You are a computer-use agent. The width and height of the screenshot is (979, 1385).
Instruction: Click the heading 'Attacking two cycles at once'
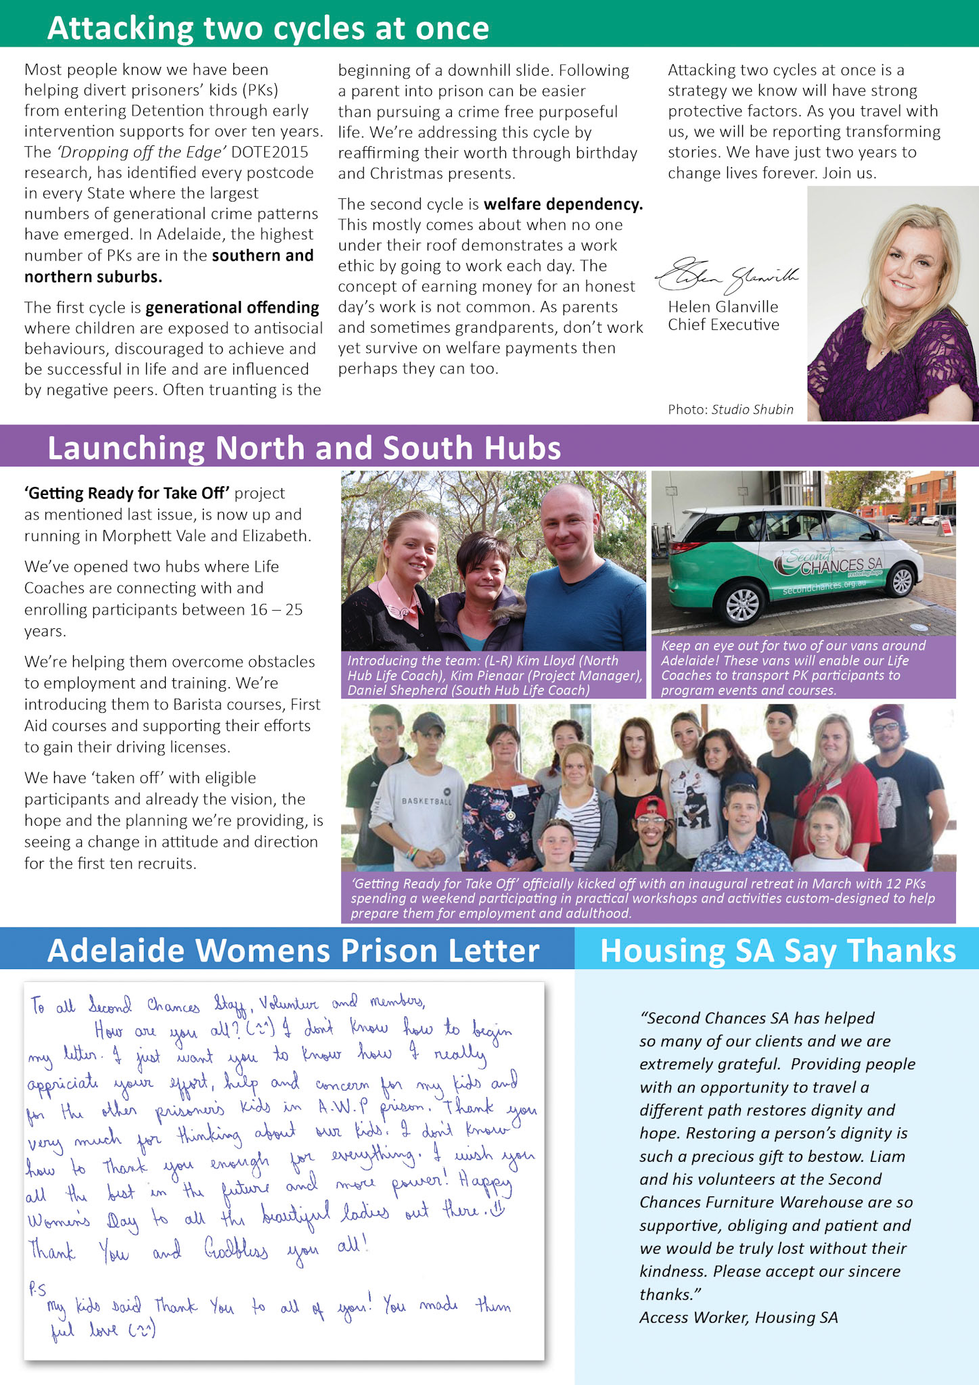coord(268,28)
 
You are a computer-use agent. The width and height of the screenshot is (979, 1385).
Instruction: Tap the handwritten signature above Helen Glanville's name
coord(727,276)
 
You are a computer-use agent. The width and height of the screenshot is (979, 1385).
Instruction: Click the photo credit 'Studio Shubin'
coord(752,409)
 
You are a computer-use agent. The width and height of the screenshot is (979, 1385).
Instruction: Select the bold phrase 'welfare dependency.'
coord(563,204)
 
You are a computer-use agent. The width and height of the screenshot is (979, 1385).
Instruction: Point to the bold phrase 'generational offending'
coord(232,308)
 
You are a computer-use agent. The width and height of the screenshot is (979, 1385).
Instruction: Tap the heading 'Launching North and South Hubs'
coord(304,448)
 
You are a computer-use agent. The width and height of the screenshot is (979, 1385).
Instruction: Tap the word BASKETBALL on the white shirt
coord(426,801)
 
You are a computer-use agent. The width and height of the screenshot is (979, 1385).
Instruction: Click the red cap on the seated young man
coord(650,805)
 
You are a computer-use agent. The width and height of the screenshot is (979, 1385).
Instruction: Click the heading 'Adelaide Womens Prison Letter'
coord(293,950)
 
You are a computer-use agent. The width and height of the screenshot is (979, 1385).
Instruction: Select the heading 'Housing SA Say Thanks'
coord(778,950)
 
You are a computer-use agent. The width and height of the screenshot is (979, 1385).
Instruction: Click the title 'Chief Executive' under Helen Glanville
coord(723,325)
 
